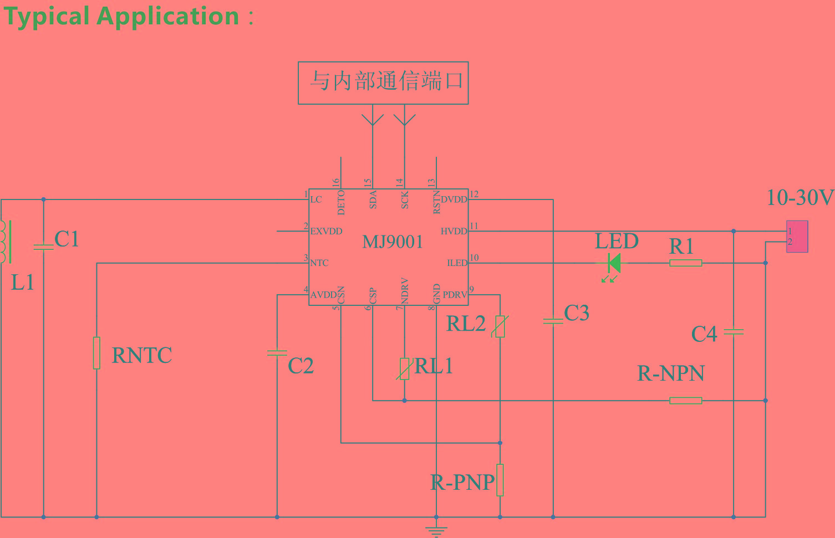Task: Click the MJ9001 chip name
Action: pos(393,242)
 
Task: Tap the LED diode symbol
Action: pos(613,263)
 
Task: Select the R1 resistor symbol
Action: pos(686,263)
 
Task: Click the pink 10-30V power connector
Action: pos(797,237)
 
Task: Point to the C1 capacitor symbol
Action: pos(43,247)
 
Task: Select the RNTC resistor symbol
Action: pos(96,353)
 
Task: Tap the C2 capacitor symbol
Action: pos(277,353)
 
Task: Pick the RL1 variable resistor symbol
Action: pos(404,368)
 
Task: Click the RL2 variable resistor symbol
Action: pos(500,326)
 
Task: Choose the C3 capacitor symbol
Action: pos(553,321)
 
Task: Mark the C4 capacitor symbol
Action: pos(734,332)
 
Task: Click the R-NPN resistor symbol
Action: pos(686,401)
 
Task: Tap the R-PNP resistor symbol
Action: pos(500,480)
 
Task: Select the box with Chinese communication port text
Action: pos(383,83)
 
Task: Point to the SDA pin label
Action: pos(373,199)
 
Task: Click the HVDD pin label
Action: pos(454,231)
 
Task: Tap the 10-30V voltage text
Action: pos(799,198)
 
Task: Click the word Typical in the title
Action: pos(47,17)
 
